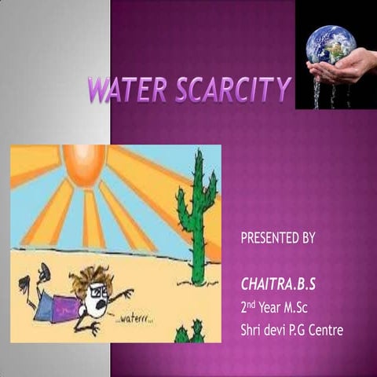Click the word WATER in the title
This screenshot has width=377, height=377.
[x=125, y=91]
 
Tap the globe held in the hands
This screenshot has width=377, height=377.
[x=331, y=45]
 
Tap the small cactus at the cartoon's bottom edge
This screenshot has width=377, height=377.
[x=189, y=333]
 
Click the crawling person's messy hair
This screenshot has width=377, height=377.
[x=91, y=276]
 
